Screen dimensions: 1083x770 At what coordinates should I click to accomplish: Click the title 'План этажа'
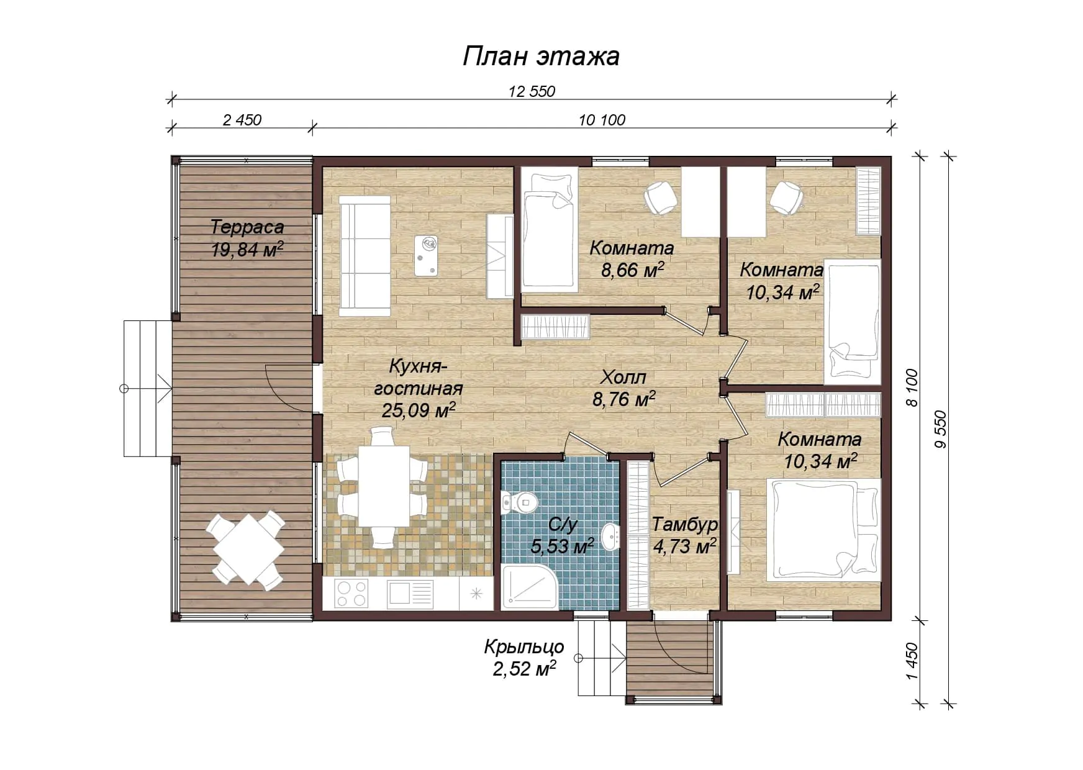pyautogui.click(x=541, y=57)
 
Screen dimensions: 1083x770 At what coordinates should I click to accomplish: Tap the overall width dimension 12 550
pyautogui.click(x=532, y=91)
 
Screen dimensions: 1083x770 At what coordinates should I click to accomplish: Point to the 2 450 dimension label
pyautogui.click(x=242, y=120)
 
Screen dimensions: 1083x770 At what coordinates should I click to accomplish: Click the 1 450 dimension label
pyautogui.click(x=912, y=661)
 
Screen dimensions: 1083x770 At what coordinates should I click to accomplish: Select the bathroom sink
pyautogui.click(x=611, y=537)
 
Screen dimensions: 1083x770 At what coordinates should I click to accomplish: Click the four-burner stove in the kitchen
pyautogui.click(x=351, y=593)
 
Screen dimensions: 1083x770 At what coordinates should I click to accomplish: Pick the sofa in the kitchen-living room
pyautogui.click(x=365, y=256)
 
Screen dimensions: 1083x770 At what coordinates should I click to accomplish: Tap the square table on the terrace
pyautogui.click(x=248, y=548)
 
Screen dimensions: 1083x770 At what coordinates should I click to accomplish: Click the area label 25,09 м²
pyautogui.click(x=419, y=410)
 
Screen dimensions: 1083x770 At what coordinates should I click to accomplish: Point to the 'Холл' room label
pyautogui.click(x=623, y=377)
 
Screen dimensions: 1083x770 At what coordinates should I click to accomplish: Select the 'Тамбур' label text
pyautogui.click(x=684, y=525)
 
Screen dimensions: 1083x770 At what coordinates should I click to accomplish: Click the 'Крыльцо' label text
pyautogui.click(x=524, y=647)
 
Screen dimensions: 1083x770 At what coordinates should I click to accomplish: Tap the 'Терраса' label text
pyautogui.click(x=247, y=227)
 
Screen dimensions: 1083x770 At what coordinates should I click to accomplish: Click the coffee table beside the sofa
pyautogui.click(x=426, y=256)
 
